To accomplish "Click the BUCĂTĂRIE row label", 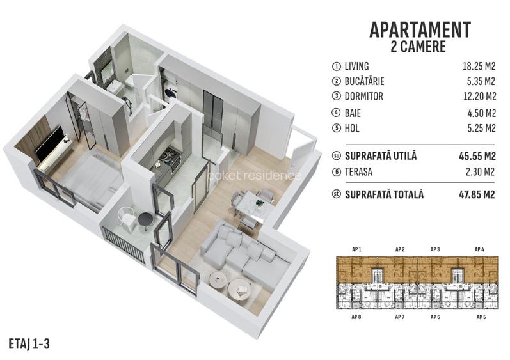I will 368,82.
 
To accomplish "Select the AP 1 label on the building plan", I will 358,249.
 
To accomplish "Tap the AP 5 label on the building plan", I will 480,317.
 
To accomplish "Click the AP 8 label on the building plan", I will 358,317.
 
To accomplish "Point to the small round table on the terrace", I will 145,220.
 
